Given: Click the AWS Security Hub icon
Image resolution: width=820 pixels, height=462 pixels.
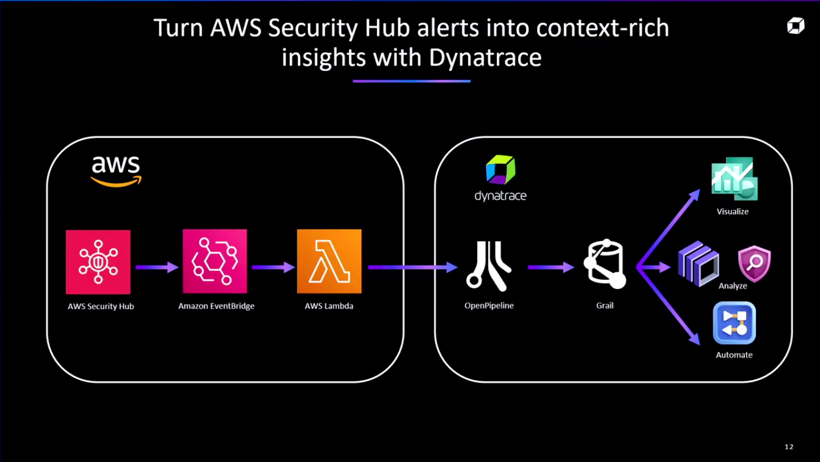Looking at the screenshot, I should (98, 262).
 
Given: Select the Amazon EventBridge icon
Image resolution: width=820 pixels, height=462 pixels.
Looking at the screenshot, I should (214, 262).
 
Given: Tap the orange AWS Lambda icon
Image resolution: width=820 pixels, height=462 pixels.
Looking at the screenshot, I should (329, 262).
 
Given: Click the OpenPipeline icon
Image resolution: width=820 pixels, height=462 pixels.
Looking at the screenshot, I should (489, 264).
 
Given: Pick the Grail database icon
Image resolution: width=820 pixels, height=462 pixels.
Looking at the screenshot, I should (604, 264).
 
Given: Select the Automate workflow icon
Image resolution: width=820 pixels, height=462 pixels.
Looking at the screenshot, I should (734, 323).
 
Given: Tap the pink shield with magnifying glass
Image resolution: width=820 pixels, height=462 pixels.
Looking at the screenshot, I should (754, 264).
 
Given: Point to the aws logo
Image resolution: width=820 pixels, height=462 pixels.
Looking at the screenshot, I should (115, 170).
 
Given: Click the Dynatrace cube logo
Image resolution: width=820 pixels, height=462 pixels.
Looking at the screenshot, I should (500, 170).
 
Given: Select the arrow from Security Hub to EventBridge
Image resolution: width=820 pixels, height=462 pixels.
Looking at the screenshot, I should (156, 267).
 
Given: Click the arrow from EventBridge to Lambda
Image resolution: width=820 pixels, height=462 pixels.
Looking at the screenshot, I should (273, 267).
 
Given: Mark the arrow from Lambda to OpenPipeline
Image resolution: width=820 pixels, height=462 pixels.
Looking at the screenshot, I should (412, 267).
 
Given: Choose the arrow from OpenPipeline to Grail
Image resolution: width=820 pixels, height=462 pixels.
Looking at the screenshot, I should (551, 267).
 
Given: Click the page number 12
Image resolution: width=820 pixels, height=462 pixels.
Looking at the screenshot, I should (789, 447).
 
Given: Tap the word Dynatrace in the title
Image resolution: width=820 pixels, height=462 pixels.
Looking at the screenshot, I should (485, 57).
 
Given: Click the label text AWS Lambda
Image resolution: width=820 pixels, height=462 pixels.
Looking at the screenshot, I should (329, 306).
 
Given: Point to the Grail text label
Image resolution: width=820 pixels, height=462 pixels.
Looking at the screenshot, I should (604, 305).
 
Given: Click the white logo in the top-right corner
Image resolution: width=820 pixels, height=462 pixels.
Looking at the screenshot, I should (796, 26).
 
